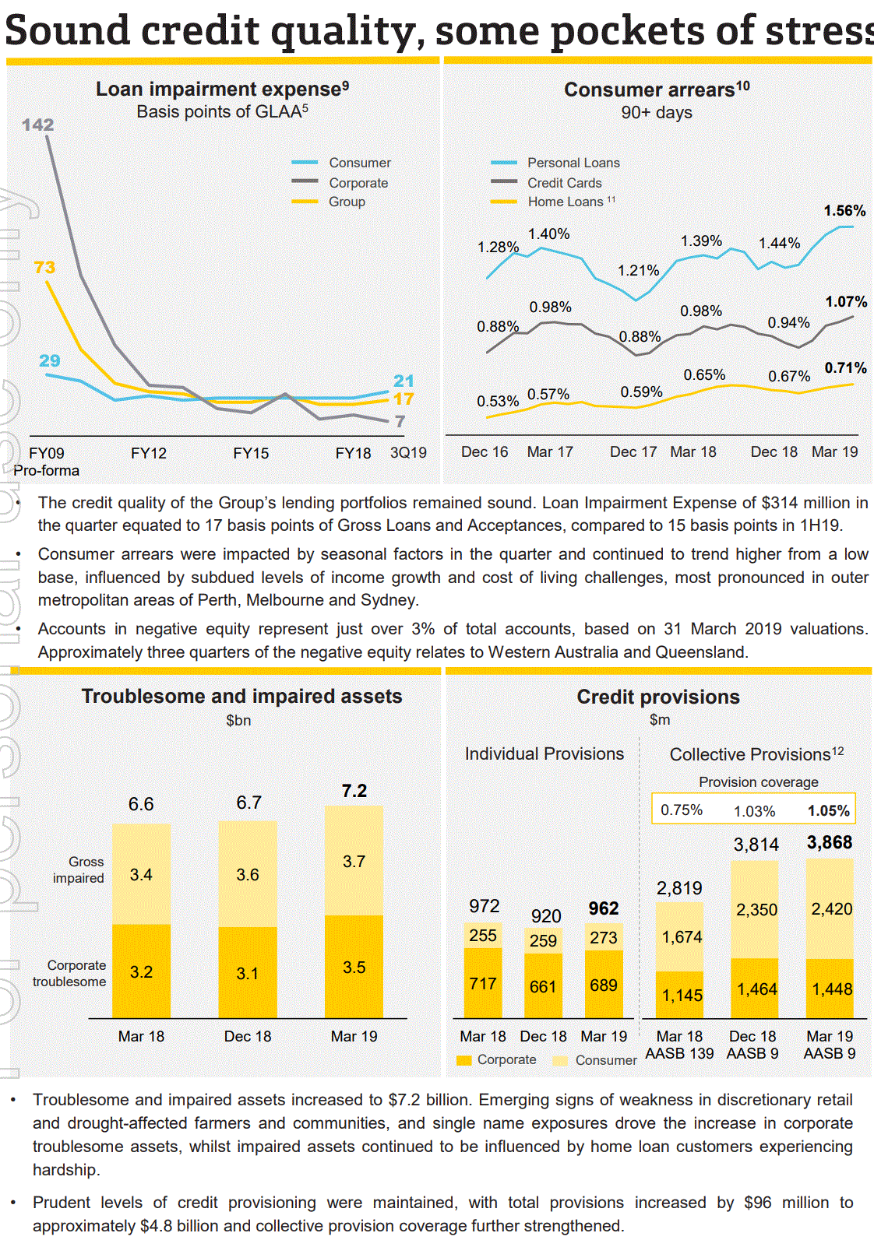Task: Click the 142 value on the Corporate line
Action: (37, 125)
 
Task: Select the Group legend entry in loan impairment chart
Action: (347, 202)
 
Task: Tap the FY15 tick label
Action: (251, 453)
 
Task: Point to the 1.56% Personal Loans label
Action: (844, 211)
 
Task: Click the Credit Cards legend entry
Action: (564, 183)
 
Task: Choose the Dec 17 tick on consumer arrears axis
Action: (633, 451)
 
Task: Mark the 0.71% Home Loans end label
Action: (845, 367)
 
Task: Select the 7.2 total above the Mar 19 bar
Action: (354, 791)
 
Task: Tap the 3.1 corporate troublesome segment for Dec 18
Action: (247, 973)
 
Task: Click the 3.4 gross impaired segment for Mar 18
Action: (141, 874)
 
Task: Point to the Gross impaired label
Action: (79, 869)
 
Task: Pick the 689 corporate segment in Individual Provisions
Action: (604, 985)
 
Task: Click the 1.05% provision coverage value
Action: (828, 810)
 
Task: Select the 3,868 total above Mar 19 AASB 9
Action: (830, 842)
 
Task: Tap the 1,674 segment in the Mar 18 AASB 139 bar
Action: (682, 937)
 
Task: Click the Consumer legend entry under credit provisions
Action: (605, 1060)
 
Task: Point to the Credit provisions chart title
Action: (658, 697)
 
